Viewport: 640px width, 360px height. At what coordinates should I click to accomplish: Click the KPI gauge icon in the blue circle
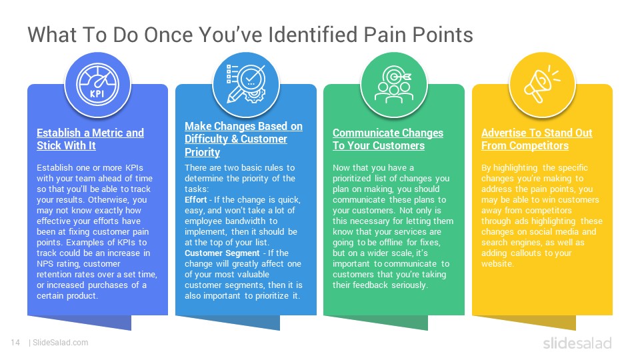coord(97,85)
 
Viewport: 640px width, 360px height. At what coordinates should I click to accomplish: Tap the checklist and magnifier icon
coord(246,84)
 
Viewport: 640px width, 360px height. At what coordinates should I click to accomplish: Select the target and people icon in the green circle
coord(394,85)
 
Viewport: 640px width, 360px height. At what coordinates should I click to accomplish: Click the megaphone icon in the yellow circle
coord(541,84)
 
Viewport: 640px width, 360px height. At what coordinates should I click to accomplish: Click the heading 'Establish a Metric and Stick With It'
coord(90,139)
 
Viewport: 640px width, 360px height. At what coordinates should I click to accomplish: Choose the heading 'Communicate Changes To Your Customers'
coord(388,139)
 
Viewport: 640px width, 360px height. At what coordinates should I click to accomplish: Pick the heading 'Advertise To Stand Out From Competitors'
coord(537,139)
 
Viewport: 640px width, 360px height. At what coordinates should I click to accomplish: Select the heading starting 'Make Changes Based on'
coord(243,139)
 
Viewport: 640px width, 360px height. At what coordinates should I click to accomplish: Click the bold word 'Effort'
coord(195,199)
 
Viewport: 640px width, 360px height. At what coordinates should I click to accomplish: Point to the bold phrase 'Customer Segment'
coord(222,253)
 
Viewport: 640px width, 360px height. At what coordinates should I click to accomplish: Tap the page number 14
coord(15,343)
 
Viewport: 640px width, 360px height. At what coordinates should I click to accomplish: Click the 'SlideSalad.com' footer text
coord(61,343)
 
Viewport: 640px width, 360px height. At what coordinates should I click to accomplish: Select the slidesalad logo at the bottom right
coord(577,343)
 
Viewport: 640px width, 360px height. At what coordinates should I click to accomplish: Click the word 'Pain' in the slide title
coord(385,35)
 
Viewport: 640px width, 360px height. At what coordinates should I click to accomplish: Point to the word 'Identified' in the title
coord(313,35)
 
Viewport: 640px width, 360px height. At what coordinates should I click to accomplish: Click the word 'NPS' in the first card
coord(45,264)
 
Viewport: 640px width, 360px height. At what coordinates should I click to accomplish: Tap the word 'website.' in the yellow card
coord(497,264)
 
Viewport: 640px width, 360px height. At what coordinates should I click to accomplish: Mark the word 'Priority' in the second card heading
coord(202,152)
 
